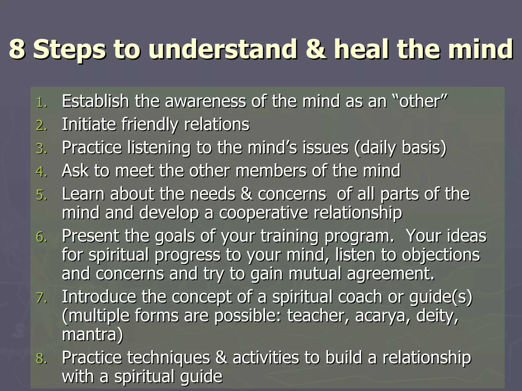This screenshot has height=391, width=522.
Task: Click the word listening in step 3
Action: point(159,148)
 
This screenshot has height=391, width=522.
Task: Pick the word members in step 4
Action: point(271,171)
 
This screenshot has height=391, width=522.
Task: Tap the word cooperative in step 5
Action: point(263,213)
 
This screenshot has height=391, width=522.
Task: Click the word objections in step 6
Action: point(441,255)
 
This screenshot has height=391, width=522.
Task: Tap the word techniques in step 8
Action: point(168,358)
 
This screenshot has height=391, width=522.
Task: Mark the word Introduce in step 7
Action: point(99,297)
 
